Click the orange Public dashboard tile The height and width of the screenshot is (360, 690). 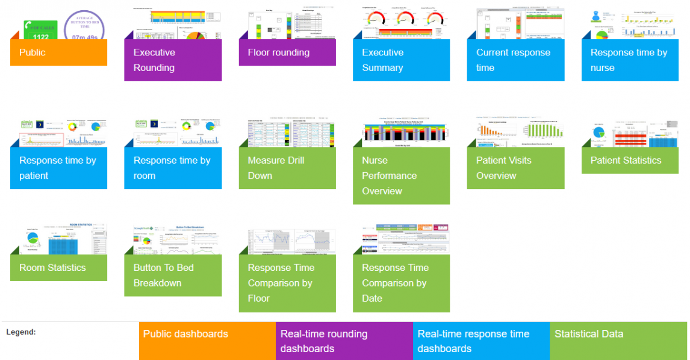tap(58, 52)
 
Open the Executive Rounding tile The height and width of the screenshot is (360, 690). tap(173, 60)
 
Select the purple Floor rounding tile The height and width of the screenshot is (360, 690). tap(287, 52)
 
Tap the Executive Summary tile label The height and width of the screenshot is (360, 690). tap(401, 60)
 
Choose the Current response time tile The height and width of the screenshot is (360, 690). tap(515, 60)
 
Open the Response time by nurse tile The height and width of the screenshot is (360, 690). tap(630, 60)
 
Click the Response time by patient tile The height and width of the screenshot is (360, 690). tap(58, 168)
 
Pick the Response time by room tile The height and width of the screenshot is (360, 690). tap(173, 168)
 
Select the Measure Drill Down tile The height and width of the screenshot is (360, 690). tap(287, 168)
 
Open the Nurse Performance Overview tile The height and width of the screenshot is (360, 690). tap(401, 176)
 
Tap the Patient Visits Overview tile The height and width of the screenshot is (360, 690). tap(515, 168)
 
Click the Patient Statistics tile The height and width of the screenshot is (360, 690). tap(630, 160)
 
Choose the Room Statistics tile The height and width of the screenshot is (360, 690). tap(58, 268)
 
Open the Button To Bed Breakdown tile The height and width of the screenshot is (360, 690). tap(173, 275)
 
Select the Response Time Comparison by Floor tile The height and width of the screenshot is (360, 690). tap(287, 283)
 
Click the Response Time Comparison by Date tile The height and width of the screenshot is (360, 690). tap(401, 283)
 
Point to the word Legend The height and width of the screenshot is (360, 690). tap(21, 332)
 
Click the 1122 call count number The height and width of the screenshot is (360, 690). tap(40, 37)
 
